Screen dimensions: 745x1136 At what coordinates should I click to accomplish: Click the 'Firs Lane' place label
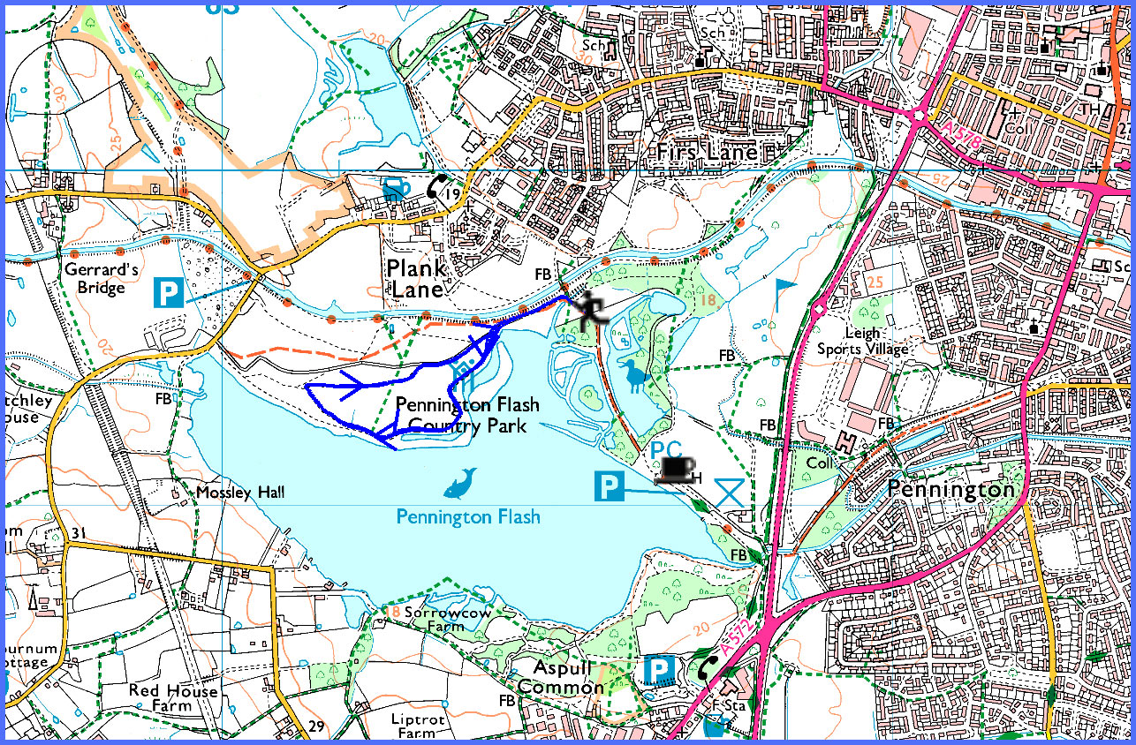708,152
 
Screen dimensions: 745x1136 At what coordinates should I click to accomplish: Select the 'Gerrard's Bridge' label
101,279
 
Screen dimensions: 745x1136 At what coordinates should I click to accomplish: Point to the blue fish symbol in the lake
461,483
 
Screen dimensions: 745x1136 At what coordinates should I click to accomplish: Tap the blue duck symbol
637,375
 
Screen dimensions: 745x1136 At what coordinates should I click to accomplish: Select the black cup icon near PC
675,470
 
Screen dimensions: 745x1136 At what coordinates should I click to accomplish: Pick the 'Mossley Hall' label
231,492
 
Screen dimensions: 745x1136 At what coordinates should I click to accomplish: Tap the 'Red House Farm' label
172,697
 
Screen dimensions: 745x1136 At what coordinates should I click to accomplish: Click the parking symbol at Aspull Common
657,670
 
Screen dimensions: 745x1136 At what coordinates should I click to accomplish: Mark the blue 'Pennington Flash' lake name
468,517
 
